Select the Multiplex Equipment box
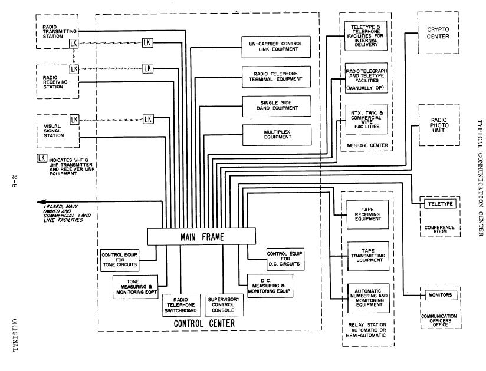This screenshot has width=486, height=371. click(276, 135)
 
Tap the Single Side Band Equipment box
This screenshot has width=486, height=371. click(276, 106)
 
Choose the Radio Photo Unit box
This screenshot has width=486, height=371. click(438, 125)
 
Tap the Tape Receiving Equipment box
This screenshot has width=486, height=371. click(368, 216)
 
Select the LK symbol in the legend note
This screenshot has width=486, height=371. click(41, 158)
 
